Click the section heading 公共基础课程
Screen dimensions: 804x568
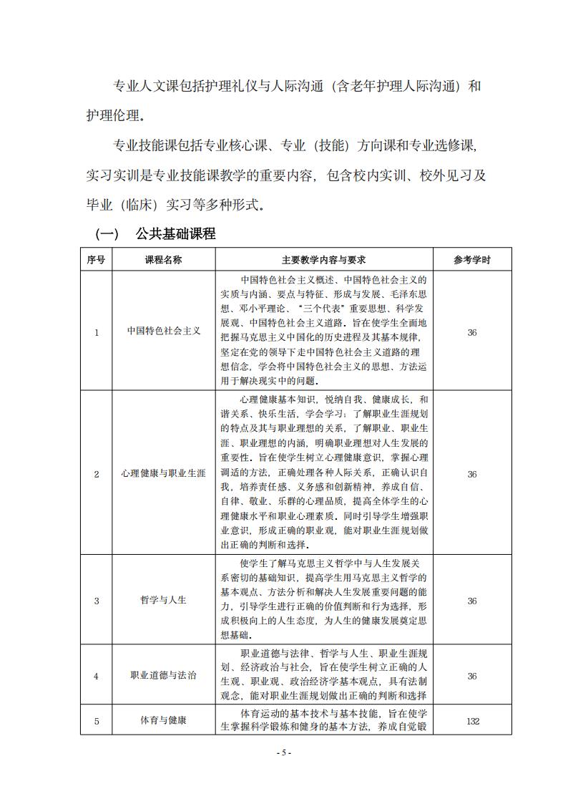coord(175,234)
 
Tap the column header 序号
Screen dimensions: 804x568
coord(96,260)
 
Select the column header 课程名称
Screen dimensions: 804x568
coord(164,260)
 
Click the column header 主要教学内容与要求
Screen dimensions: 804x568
coord(324,260)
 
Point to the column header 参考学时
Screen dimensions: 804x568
coord(471,260)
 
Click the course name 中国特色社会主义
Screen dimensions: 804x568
coord(164,331)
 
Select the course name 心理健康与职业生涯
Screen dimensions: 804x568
coord(164,474)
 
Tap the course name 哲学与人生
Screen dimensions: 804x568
coord(164,600)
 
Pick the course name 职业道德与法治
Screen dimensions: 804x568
coord(164,676)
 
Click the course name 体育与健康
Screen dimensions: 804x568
coord(164,721)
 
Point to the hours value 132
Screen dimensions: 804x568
coord(472,721)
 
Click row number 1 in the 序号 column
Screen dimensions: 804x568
coord(97,331)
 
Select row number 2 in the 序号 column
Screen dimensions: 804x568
coord(97,474)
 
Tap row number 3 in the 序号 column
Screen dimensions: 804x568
coord(97,600)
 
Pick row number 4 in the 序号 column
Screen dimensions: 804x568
coord(97,676)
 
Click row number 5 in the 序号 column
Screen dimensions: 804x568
coord(97,721)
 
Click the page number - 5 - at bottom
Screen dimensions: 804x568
coord(284,752)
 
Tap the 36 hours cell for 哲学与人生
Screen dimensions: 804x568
coord(472,600)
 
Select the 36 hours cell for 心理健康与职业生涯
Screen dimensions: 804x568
coord(472,474)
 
